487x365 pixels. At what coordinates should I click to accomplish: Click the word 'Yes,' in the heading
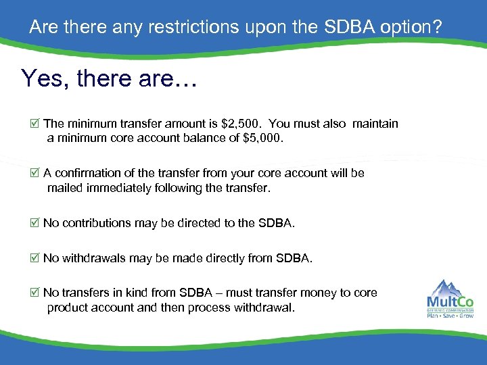(45, 78)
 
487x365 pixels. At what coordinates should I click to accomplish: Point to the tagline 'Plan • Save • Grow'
(450, 314)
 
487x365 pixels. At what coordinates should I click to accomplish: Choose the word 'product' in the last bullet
(68, 308)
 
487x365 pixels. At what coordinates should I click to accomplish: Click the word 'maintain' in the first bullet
(375, 124)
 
